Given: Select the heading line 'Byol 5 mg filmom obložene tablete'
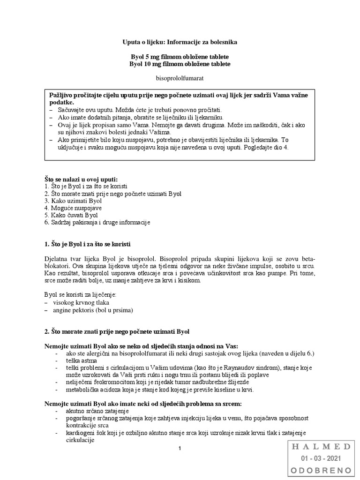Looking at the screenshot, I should pyautogui.click(x=180, y=56).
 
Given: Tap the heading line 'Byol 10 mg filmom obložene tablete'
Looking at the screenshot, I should pyautogui.click(x=180, y=64).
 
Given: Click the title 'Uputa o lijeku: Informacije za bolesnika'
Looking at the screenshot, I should pyautogui.click(x=180, y=42).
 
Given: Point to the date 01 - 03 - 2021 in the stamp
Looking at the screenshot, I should pyautogui.click(x=321, y=458).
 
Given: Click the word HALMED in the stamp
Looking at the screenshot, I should pyautogui.click(x=321, y=446).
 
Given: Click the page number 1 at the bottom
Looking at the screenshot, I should pyautogui.click(x=180, y=449).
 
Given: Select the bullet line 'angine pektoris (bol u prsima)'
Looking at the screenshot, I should pyautogui.click(x=93, y=310).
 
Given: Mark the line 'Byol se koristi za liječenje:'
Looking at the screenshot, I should pyautogui.click(x=80, y=295).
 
